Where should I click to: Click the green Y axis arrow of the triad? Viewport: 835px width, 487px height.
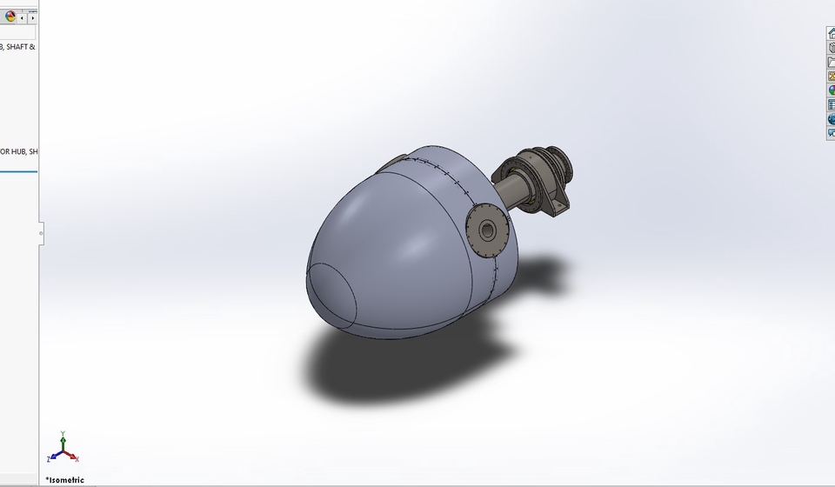[63, 437]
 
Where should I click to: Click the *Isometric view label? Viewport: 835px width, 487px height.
[65, 480]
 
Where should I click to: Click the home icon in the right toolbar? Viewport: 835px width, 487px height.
[831, 33]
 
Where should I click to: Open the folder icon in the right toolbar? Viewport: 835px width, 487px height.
[831, 62]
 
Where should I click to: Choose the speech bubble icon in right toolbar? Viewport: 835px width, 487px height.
[831, 133]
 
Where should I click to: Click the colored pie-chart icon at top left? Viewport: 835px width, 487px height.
[10, 17]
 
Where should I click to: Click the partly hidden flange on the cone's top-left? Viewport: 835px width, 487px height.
[396, 162]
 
